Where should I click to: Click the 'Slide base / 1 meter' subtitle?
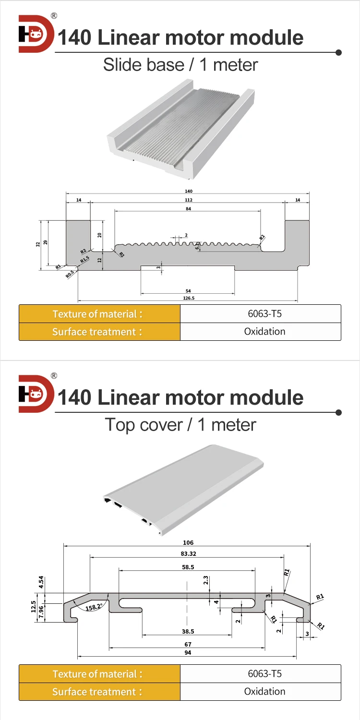(180, 65)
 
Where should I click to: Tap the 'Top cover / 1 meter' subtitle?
(180, 424)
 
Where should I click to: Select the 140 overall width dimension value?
(188, 191)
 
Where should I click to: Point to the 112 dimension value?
(188, 200)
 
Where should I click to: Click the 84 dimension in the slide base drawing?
(188, 208)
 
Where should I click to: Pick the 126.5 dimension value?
(188, 298)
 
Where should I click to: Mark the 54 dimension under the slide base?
(188, 291)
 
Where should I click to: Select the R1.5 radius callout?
(84, 260)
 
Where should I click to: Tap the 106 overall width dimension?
(188, 543)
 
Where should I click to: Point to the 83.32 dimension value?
(188, 553)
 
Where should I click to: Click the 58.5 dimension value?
(188, 567)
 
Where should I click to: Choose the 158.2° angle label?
(94, 607)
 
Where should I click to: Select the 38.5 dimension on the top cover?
(188, 632)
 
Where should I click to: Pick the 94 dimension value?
(188, 652)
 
